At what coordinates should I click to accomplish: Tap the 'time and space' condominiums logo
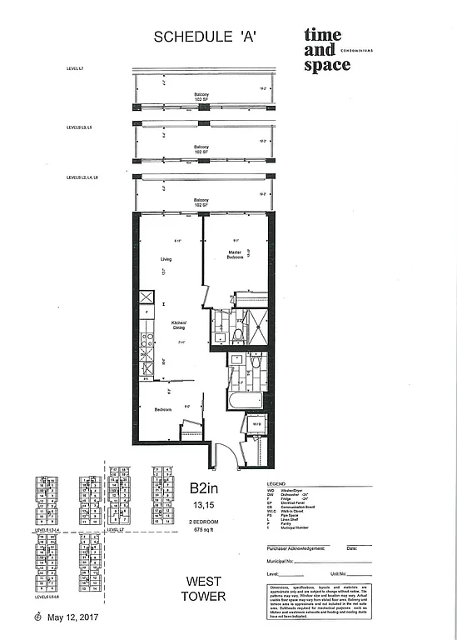(x=326, y=50)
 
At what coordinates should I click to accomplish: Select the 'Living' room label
(x=166, y=260)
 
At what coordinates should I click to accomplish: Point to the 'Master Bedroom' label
(x=236, y=255)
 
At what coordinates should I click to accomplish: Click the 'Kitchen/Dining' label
(x=179, y=326)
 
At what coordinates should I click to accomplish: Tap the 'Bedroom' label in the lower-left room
(x=163, y=409)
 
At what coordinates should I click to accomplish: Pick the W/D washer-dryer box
(x=257, y=426)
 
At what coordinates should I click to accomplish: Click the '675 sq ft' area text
(x=204, y=529)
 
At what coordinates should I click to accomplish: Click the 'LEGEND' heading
(x=276, y=482)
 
